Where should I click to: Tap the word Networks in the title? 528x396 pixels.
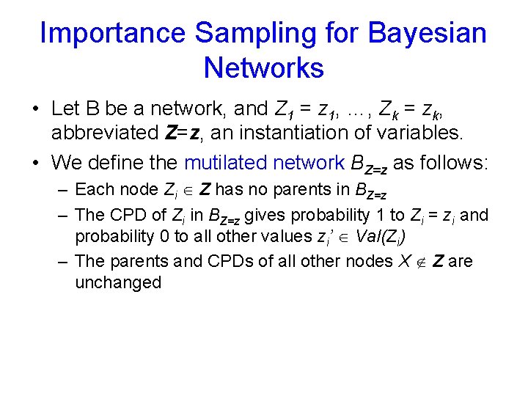[x=263, y=68]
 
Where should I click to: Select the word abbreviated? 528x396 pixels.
[x=105, y=133]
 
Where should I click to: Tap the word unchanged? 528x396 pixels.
[x=118, y=282]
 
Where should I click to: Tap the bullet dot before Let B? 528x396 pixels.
[x=34, y=109]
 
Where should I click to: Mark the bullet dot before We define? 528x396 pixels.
[x=34, y=163]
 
